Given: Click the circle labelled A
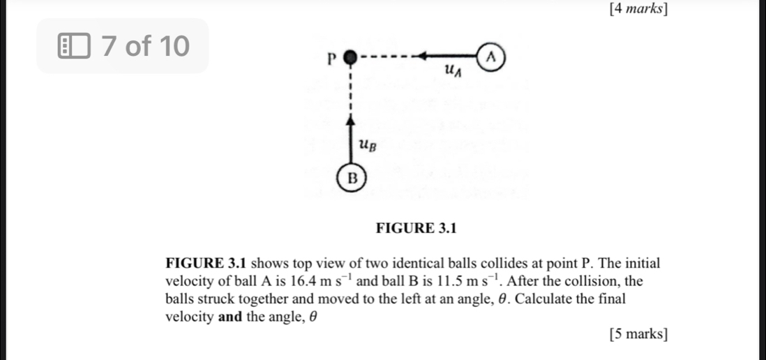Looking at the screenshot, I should [491, 56].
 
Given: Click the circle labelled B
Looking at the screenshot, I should [352, 177].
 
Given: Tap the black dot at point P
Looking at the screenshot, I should [352, 56].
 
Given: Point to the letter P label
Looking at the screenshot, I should [333, 57].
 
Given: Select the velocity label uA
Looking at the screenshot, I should [453, 69].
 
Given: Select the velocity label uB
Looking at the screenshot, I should [368, 145].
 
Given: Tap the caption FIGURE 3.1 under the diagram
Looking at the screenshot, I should [415, 227].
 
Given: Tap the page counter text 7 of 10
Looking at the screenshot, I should [144, 47].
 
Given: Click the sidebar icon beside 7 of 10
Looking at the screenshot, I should [75, 47].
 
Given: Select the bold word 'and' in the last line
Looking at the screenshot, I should [230, 316].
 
